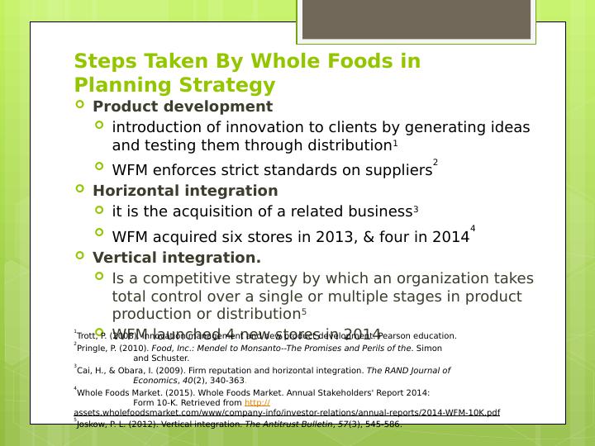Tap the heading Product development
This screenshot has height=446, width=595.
[183, 107]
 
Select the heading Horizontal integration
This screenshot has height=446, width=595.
[185, 191]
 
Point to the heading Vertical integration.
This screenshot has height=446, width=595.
[177, 258]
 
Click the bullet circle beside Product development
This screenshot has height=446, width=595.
[80, 106]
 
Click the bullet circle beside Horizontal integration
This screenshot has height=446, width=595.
[80, 189]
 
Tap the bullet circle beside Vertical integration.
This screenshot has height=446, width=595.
[80, 256]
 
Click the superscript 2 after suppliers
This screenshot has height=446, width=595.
[436, 163]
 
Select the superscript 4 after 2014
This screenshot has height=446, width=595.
[473, 229]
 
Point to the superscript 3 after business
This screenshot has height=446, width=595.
[416, 210]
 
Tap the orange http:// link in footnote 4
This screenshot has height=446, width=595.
[258, 402]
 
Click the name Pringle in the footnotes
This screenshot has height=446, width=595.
[91, 349]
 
